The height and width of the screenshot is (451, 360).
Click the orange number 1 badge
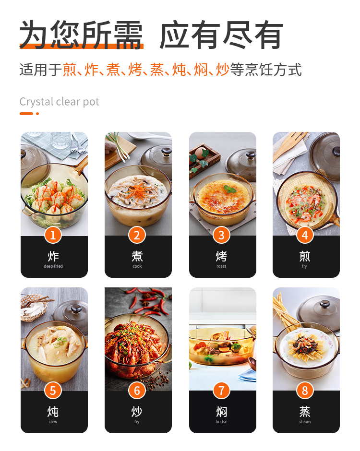[53, 235]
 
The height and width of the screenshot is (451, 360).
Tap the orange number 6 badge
[137, 391]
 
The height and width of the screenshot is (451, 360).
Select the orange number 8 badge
[305, 391]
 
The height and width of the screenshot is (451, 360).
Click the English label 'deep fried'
[53, 266]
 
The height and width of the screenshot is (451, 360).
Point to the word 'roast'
[221, 266]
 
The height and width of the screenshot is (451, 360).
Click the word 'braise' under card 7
[221, 422]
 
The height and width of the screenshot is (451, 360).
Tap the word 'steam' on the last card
[305, 422]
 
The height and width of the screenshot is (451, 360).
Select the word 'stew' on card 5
[53, 422]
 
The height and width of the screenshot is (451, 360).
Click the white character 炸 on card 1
[53, 256]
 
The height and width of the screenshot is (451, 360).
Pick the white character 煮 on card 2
[137, 256]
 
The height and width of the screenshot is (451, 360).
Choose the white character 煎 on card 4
[305, 256]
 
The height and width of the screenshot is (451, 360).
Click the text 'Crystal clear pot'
[60, 102]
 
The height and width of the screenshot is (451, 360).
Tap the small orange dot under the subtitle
[37, 114]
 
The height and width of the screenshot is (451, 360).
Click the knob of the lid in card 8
[325, 304]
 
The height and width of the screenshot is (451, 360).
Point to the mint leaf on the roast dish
[229, 189]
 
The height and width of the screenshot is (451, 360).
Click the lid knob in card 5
[76, 309]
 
